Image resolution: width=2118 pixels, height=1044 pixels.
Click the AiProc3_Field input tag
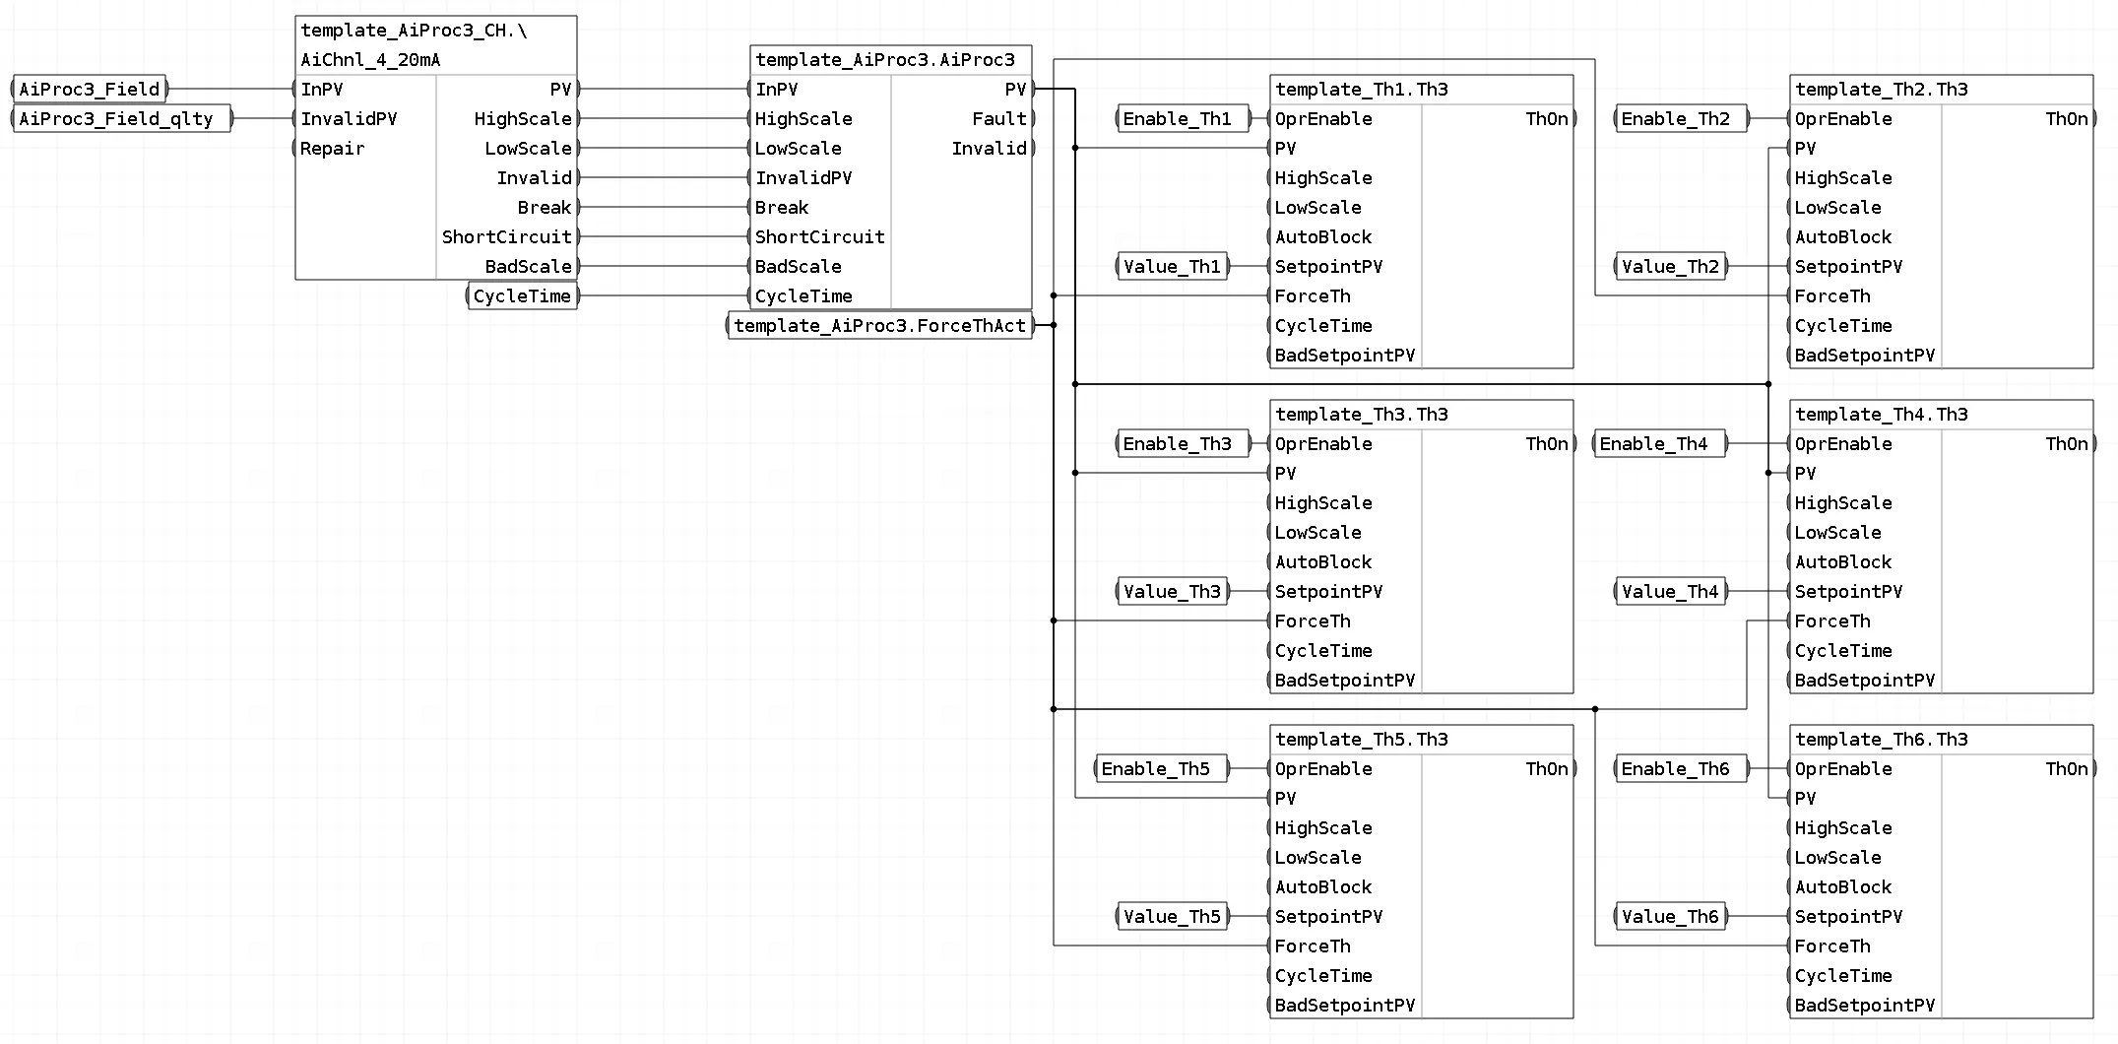click(90, 89)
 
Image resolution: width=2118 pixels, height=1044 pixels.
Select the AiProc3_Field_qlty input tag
click(121, 118)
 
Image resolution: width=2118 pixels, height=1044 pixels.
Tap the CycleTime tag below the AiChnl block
click(522, 295)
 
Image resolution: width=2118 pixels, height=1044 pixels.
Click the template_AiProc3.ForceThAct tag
click(880, 325)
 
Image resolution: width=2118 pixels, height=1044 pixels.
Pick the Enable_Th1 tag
click(1182, 118)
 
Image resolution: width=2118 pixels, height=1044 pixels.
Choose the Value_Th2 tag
click(1671, 266)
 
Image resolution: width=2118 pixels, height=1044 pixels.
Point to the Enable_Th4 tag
click(1659, 443)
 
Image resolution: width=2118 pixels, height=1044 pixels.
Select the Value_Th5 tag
click(1172, 916)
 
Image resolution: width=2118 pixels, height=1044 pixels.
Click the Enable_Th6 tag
click(1681, 768)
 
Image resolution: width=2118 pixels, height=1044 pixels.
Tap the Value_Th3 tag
click(1172, 591)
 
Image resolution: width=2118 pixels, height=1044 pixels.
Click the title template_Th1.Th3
click(1362, 90)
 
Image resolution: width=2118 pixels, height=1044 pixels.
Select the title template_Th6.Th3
click(1882, 740)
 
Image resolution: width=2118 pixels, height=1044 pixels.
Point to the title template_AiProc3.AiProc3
click(885, 60)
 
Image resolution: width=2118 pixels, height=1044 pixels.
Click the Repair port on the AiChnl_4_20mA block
click(332, 148)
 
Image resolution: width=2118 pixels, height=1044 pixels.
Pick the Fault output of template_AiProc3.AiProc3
click(999, 118)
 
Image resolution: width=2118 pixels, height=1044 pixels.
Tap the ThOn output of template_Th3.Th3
click(1547, 443)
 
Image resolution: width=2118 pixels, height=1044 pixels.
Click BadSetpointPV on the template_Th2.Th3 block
click(1865, 355)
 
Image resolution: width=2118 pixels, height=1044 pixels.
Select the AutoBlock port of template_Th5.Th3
click(1323, 886)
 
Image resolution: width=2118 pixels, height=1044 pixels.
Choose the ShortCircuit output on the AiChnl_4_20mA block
click(507, 236)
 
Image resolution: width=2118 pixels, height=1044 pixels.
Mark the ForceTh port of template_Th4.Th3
click(1832, 620)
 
